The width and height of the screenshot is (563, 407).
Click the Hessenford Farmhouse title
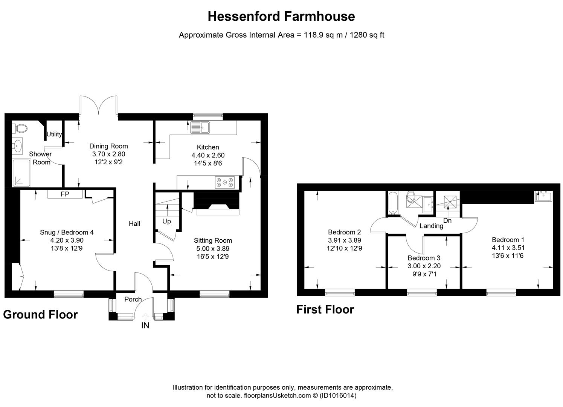pyautogui.click(x=281, y=16)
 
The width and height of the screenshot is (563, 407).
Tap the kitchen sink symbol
pyautogui.click(x=200, y=127)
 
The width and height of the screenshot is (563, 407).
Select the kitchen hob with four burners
pyautogui.click(x=224, y=182)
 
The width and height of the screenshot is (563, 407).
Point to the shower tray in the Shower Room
pyautogui.click(x=22, y=173)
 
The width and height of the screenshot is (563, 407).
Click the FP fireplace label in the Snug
pyautogui.click(x=65, y=194)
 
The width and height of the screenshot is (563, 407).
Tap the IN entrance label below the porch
pyautogui.click(x=145, y=326)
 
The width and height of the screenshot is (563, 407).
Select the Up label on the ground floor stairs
pyautogui.click(x=166, y=221)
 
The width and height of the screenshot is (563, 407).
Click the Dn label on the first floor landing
pyautogui.click(x=447, y=220)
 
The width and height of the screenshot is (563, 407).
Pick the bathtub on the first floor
pyautogui.click(x=392, y=203)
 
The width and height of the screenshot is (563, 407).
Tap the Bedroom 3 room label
pyautogui.click(x=424, y=258)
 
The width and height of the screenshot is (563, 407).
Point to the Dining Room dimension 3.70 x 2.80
pyautogui.click(x=108, y=154)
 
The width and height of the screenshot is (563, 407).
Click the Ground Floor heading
pyautogui.click(x=40, y=315)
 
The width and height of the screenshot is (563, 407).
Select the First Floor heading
pyautogui.click(x=325, y=309)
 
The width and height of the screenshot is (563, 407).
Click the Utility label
pyautogui.click(x=54, y=134)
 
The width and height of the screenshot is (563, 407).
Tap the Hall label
pyautogui.click(x=134, y=224)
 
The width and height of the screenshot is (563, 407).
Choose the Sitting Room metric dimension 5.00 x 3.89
pyautogui.click(x=213, y=249)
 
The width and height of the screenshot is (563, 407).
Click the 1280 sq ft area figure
pyautogui.click(x=367, y=35)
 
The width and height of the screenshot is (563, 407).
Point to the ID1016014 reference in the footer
pyautogui.click(x=338, y=396)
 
